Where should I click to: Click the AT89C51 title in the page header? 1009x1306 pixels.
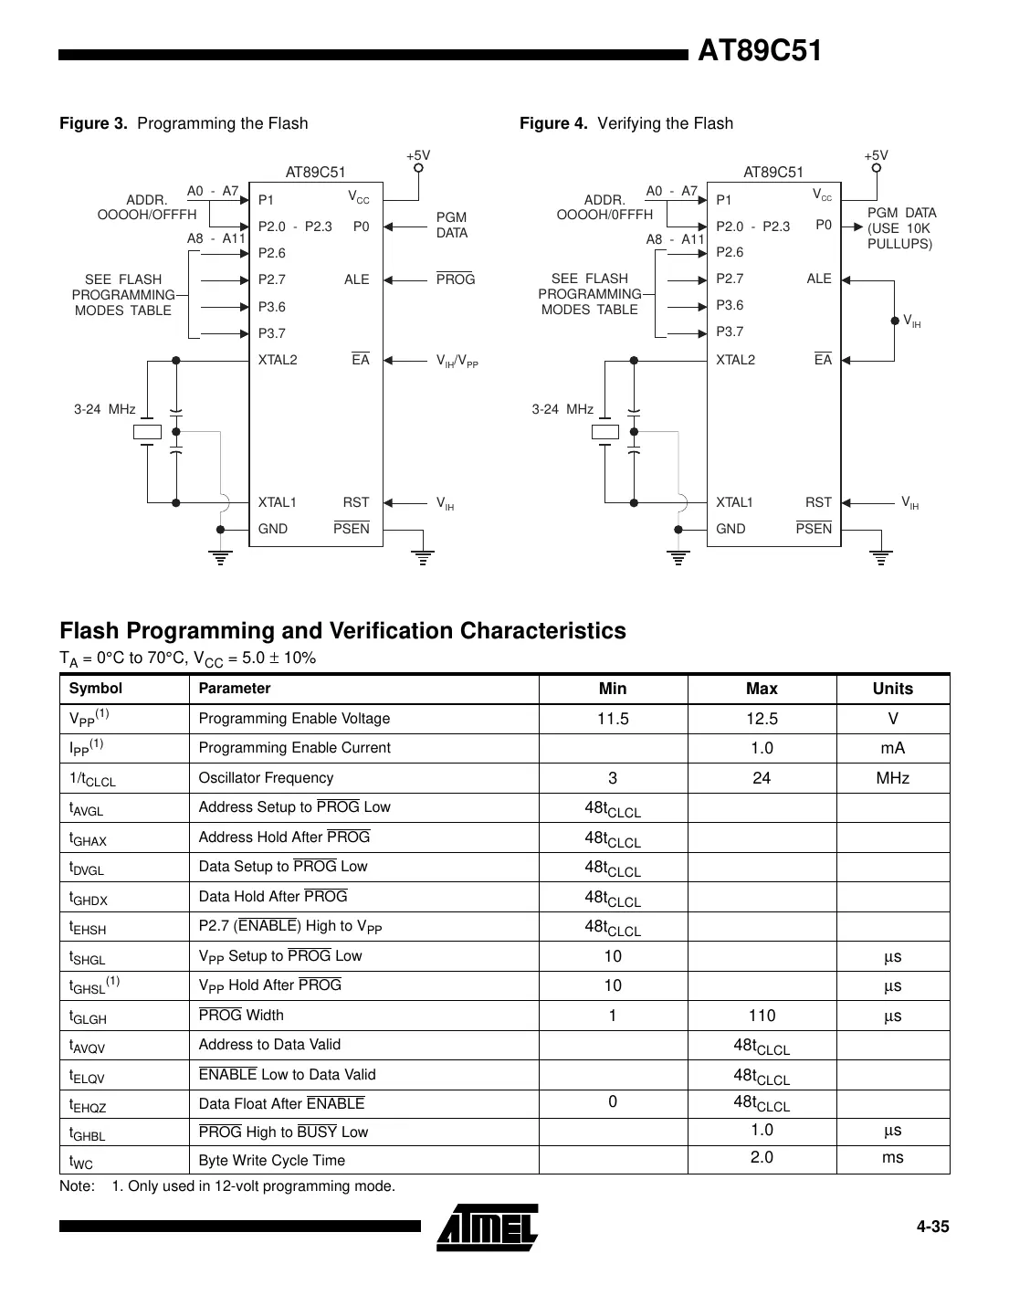coord(759,51)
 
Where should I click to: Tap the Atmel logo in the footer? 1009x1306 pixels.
coord(489,1227)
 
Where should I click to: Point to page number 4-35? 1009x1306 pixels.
coord(933,1227)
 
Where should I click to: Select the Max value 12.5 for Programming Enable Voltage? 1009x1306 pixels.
coord(762,719)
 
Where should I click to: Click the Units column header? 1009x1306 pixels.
coord(892,689)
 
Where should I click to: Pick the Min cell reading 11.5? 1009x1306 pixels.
coord(613,719)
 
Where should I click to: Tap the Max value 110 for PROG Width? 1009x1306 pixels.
coord(762,1016)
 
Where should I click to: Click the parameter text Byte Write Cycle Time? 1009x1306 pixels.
coord(272,1161)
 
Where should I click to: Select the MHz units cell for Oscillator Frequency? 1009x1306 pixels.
coord(892,778)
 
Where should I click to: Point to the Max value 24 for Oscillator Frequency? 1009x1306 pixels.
coord(762,778)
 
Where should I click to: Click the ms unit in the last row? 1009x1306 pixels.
coord(892,1158)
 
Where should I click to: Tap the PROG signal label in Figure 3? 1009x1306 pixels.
coord(456,279)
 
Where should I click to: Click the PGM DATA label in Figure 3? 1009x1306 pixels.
coord(452,225)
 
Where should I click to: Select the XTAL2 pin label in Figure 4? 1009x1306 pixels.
coord(735,360)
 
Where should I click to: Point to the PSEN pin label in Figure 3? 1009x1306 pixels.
coord(352,529)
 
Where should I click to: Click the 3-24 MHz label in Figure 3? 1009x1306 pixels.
coord(105,409)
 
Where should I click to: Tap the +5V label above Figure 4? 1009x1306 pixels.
coord(877,156)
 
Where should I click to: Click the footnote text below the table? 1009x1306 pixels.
coord(227,1186)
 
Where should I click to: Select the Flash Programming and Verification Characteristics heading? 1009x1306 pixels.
coord(342,631)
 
